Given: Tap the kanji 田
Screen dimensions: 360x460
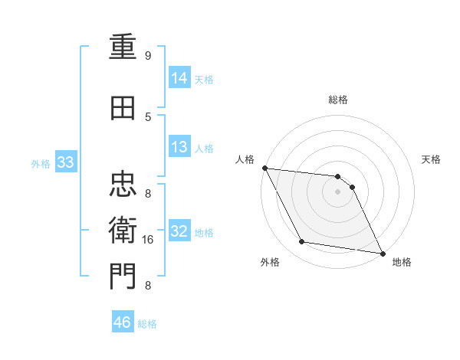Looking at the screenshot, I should coord(123,110).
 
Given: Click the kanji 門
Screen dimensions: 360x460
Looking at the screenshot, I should coord(123,275).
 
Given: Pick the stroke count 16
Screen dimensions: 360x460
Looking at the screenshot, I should coord(149,240).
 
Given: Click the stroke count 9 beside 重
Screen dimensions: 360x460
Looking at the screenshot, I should coord(148,56).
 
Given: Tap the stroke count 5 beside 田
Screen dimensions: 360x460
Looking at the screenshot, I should coord(148,116).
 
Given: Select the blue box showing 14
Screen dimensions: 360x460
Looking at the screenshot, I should coord(179,77).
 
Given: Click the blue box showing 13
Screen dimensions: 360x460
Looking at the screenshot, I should coord(179,147).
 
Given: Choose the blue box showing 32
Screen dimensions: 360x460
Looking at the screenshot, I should coord(179,232).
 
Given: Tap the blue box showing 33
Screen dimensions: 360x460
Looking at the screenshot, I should coord(65,162).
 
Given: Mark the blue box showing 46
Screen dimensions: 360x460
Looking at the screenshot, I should coord(123,322).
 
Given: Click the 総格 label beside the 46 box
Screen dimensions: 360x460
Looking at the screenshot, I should coord(147,324).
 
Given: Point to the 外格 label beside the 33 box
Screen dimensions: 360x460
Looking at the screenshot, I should coord(41,164).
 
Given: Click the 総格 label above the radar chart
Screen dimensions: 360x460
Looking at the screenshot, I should coord(338,100).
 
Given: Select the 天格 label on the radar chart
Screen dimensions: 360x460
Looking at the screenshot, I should coord(432,159).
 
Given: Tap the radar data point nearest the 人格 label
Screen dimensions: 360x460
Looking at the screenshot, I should coord(264,168).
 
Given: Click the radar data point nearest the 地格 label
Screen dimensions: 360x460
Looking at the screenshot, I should coord(382,252).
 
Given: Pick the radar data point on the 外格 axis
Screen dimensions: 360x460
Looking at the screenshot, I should coord(302,242).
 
